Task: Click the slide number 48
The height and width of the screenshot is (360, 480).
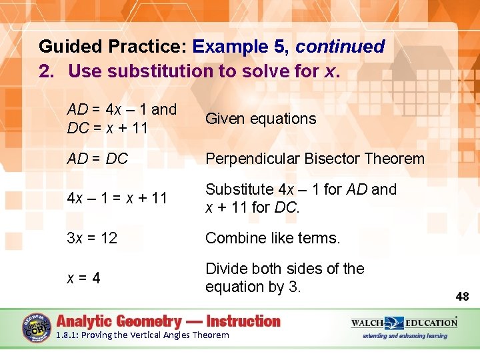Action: tap(462, 296)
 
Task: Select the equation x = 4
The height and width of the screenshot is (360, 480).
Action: tap(83, 278)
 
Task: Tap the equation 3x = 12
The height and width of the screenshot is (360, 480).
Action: tap(92, 238)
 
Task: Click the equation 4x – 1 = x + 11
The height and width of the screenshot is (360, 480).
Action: tap(117, 198)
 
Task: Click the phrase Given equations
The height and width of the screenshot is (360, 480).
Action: tap(261, 119)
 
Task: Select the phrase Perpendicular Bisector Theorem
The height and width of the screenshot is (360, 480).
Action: tap(315, 159)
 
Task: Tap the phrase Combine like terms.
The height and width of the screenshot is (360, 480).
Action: tap(273, 238)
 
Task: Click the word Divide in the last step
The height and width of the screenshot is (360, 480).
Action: tap(226, 269)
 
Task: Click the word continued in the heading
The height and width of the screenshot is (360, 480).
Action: tap(340, 47)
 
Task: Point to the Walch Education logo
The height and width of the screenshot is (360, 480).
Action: tap(404, 323)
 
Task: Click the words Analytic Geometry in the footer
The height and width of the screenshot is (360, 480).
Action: tap(121, 321)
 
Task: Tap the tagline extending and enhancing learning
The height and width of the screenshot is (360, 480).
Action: tap(405, 336)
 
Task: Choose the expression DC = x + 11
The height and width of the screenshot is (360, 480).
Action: tap(107, 127)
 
